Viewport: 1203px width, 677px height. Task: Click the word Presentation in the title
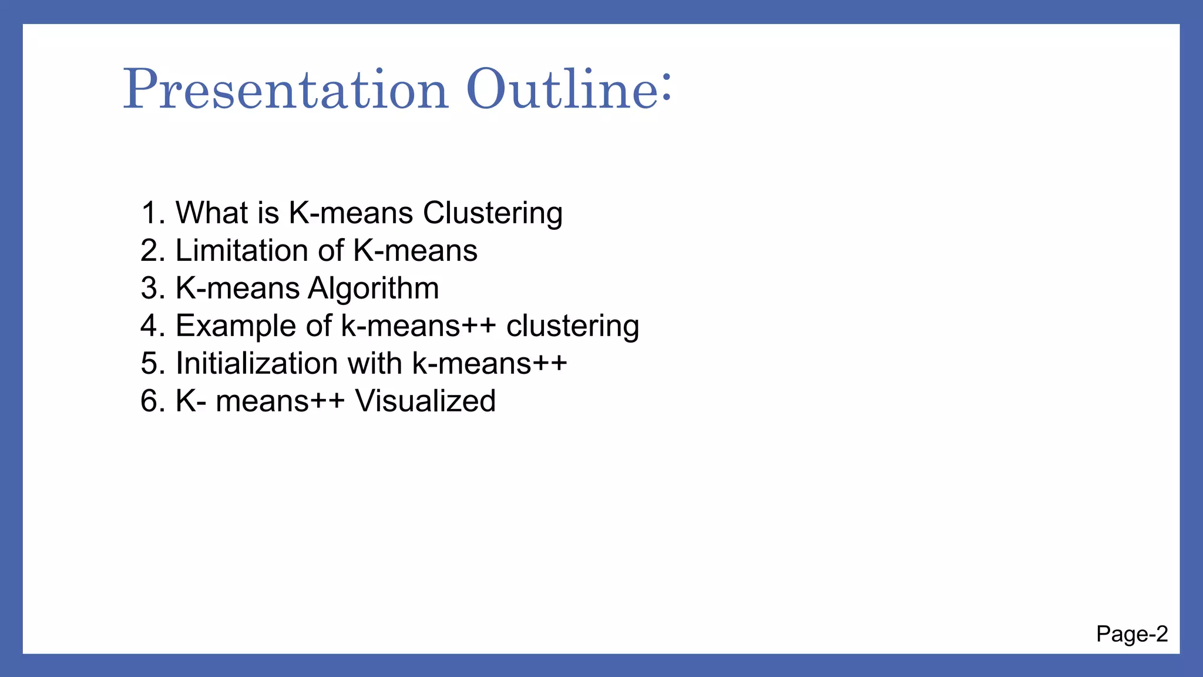click(285, 90)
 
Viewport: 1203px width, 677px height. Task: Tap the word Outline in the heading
click(562, 90)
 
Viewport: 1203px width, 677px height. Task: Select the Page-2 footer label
click(1131, 634)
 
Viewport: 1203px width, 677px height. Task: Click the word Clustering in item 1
click(492, 213)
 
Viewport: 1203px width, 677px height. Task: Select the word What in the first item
click(211, 213)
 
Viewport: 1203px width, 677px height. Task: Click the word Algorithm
click(373, 288)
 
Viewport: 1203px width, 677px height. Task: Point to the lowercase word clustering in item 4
click(572, 326)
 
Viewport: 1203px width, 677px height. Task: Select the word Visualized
click(425, 401)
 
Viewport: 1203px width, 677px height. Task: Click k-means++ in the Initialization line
click(489, 363)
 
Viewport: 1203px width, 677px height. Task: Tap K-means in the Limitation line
click(415, 250)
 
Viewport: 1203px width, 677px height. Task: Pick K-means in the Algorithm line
click(237, 288)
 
